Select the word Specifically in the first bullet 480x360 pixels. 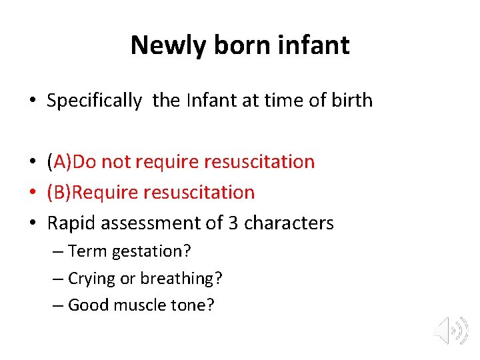coord(94,101)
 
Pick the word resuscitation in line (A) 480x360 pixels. coord(259,161)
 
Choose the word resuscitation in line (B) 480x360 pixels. coord(199,193)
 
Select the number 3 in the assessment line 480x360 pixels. coord(233,223)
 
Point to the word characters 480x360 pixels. coord(289,223)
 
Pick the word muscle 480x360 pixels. coord(141,305)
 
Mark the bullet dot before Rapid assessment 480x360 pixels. coord(33,223)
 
